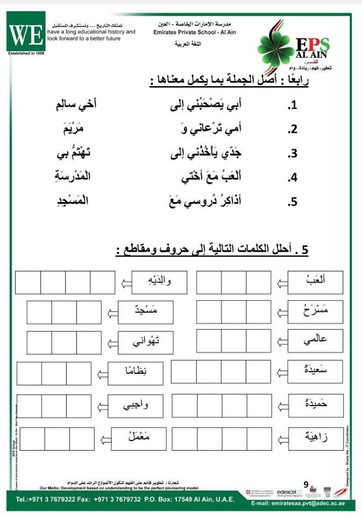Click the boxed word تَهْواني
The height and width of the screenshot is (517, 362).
146,343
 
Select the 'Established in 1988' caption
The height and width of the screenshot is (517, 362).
26,53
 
